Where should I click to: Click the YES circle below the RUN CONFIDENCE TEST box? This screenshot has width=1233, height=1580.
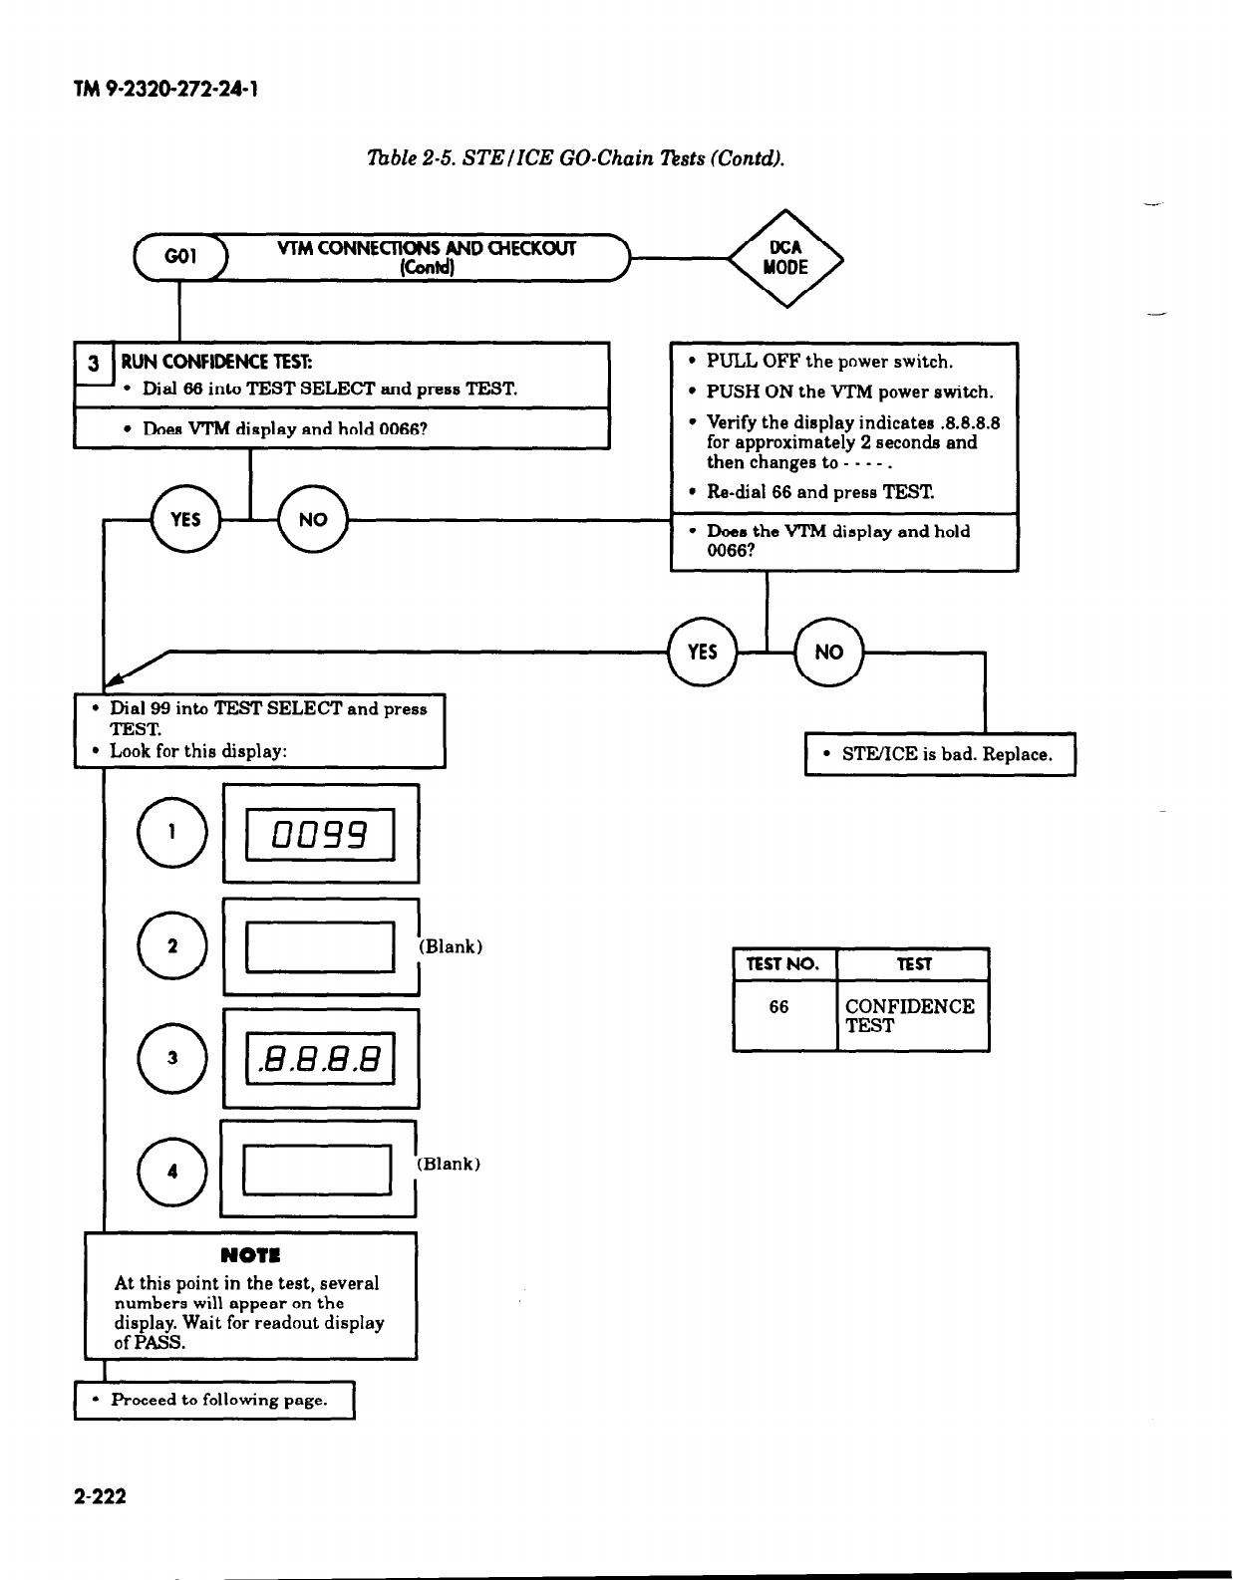pyautogui.click(x=184, y=519)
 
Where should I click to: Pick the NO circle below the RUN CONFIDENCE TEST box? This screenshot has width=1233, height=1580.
pyautogui.click(x=313, y=519)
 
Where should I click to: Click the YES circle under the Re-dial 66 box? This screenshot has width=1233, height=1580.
pyautogui.click(x=703, y=652)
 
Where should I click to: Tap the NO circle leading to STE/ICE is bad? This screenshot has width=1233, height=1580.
pyautogui.click(x=829, y=652)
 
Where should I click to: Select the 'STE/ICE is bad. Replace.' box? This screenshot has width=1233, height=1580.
pyautogui.click(x=940, y=754)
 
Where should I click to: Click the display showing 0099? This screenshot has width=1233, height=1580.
pyautogui.click(x=321, y=834)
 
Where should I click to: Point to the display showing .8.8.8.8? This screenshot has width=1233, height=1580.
pyautogui.click(x=321, y=1058)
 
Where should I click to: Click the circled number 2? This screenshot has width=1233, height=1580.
pyautogui.click(x=173, y=946)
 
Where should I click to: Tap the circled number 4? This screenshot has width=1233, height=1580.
pyautogui.click(x=173, y=1172)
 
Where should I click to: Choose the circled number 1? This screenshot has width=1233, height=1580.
pyautogui.click(x=173, y=834)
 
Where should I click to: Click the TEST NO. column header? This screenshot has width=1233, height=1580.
pyautogui.click(x=783, y=964)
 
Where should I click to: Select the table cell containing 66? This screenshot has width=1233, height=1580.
pyautogui.click(x=779, y=1008)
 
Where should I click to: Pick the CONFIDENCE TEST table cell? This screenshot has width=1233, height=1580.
pyautogui.click(x=909, y=1016)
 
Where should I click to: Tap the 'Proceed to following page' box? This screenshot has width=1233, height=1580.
pyautogui.click(x=214, y=1400)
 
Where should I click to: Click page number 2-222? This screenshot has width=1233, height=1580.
pyautogui.click(x=100, y=1495)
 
